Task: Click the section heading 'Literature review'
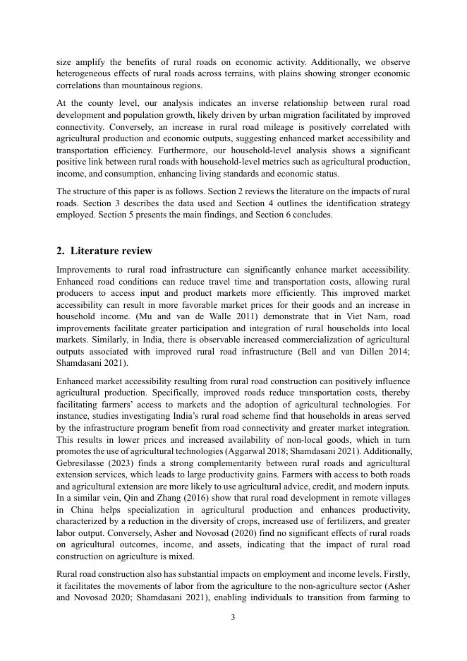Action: (111, 251)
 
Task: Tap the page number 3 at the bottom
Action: (233, 617)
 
